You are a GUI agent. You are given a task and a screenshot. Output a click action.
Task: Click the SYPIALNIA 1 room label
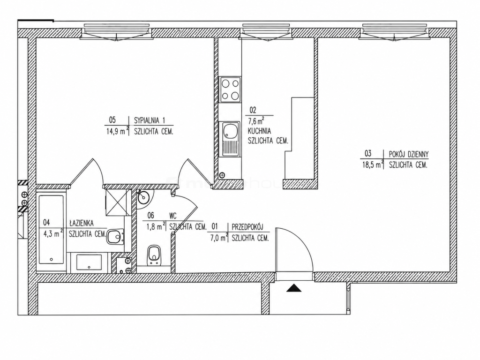150,120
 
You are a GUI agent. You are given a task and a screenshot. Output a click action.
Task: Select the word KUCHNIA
259,131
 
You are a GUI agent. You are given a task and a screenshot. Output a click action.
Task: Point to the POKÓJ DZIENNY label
409,154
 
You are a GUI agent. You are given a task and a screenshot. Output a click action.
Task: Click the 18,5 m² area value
373,165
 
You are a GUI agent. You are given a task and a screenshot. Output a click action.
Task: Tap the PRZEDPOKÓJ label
247,227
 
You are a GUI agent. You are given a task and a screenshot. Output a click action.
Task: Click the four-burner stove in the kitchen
231,89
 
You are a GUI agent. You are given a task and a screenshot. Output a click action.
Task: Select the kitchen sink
231,139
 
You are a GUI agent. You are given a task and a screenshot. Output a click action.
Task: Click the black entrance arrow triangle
294,288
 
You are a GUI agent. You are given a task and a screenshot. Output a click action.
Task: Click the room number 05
112,120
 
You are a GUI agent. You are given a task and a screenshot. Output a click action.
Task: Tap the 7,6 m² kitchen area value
256,120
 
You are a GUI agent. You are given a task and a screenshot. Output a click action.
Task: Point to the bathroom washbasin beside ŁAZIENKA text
115,237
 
